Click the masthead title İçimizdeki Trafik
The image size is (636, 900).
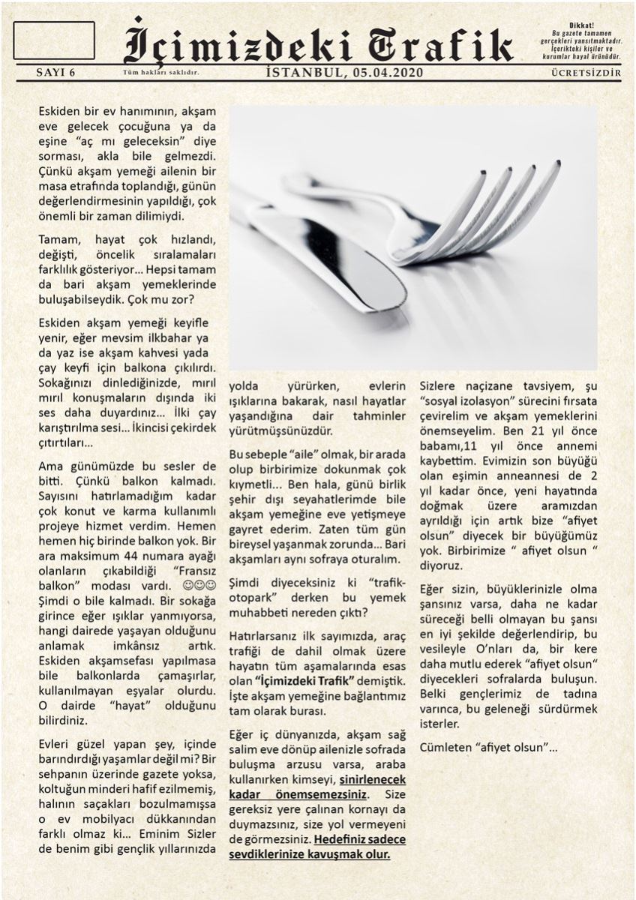pyautogui.click(x=319, y=41)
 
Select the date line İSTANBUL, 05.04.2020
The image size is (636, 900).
pyautogui.click(x=344, y=73)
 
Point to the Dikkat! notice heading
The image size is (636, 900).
pyautogui.click(x=581, y=25)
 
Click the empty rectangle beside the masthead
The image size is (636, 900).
pyautogui.click(x=54, y=40)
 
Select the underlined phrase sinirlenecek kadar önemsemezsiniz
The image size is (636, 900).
pyautogui.click(x=319, y=787)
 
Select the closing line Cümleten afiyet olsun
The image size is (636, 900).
pyautogui.click(x=488, y=748)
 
